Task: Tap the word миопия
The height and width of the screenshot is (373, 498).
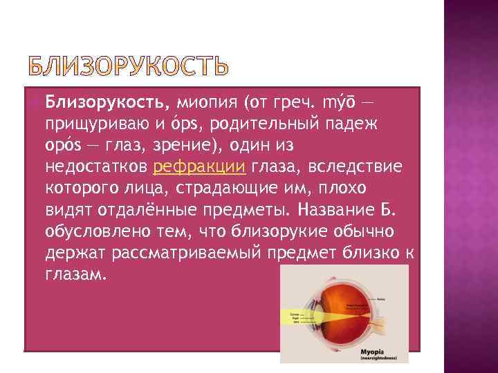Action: pyautogui.click(x=206, y=104)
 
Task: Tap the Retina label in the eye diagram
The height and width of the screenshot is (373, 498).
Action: pyautogui.click(x=400, y=299)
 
